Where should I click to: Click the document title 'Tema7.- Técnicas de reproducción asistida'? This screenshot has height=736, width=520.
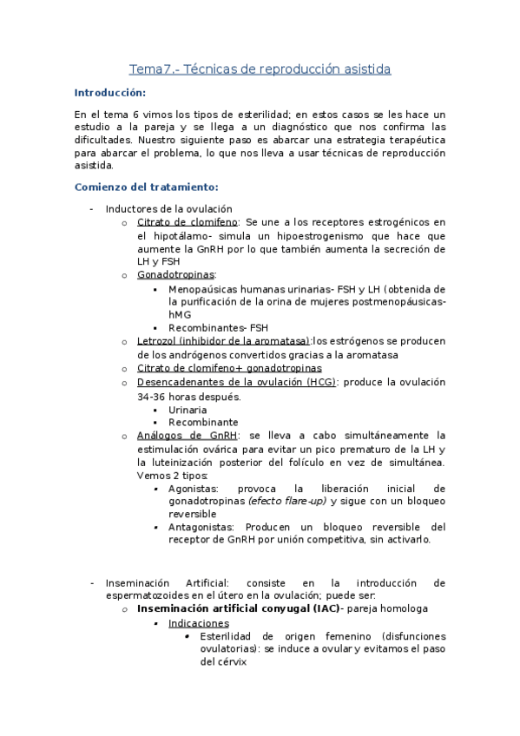click(x=260, y=69)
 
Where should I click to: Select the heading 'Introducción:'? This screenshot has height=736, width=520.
click(x=110, y=93)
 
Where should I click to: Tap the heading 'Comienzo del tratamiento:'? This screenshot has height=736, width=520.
click(x=146, y=187)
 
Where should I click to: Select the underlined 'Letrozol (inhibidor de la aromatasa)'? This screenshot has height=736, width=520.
click(x=223, y=341)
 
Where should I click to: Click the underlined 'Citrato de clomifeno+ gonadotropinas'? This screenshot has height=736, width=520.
click(x=228, y=368)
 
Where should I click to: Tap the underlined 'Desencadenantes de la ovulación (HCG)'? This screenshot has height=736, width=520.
click(x=236, y=382)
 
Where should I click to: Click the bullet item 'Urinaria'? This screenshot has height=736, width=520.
click(x=188, y=409)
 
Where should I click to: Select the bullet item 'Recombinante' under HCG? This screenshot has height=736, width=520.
click(x=203, y=422)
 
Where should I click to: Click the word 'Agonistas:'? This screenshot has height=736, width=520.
click(x=195, y=488)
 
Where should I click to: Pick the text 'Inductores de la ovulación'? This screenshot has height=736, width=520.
click(x=168, y=208)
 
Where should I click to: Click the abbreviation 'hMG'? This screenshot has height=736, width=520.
click(x=180, y=314)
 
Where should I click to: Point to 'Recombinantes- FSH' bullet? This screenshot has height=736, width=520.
click(x=218, y=328)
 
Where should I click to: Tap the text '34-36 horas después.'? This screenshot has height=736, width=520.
click(x=188, y=396)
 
